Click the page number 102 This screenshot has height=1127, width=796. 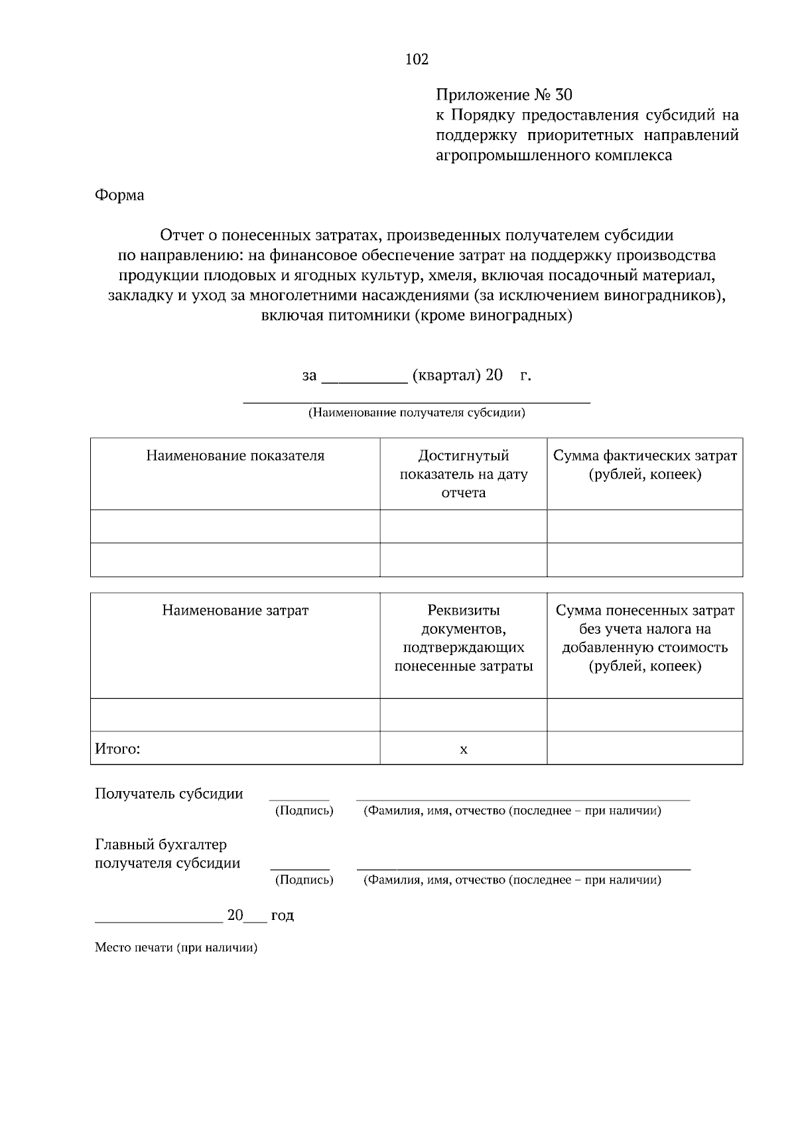(x=417, y=60)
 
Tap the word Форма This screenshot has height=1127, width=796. (x=119, y=195)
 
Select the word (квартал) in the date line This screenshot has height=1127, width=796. (x=446, y=376)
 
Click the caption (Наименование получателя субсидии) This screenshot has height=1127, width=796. (x=417, y=413)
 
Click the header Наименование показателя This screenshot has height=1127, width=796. (x=235, y=456)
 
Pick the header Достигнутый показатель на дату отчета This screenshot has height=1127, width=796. (x=463, y=474)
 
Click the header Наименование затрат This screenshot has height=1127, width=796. (x=235, y=610)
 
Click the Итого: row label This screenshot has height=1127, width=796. (x=117, y=749)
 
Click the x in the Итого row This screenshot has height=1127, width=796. (x=463, y=749)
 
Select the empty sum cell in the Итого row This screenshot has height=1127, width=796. (x=645, y=748)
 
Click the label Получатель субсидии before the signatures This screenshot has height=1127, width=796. (x=168, y=794)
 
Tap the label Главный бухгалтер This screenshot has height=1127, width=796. (x=161, y=845)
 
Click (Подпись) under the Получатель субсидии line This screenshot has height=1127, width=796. (x=304, y=811)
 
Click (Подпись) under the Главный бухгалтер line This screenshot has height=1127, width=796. (x=304, y=880)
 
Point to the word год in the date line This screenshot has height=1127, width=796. (x=282, y=916)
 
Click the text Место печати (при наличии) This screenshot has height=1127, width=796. (x=176, y=948)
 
